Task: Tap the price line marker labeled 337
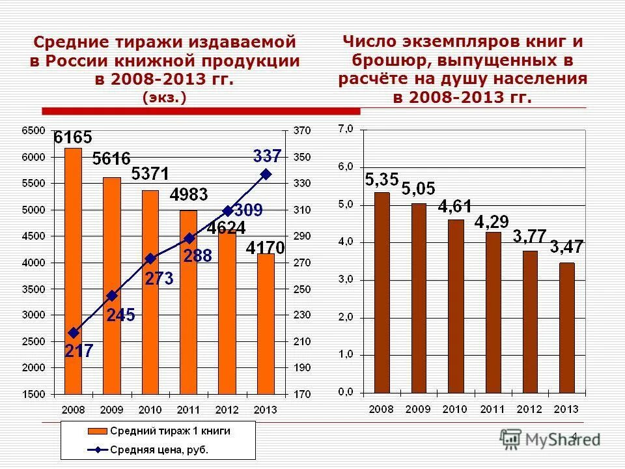266,174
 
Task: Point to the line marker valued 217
73,332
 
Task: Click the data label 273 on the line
160,278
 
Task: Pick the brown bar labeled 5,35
382,292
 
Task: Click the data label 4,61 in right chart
456,207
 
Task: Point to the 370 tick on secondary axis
303,131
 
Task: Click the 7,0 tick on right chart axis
345,129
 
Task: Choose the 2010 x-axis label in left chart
150,410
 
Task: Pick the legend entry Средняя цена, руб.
159,449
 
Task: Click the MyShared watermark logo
550,440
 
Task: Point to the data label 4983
189,195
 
